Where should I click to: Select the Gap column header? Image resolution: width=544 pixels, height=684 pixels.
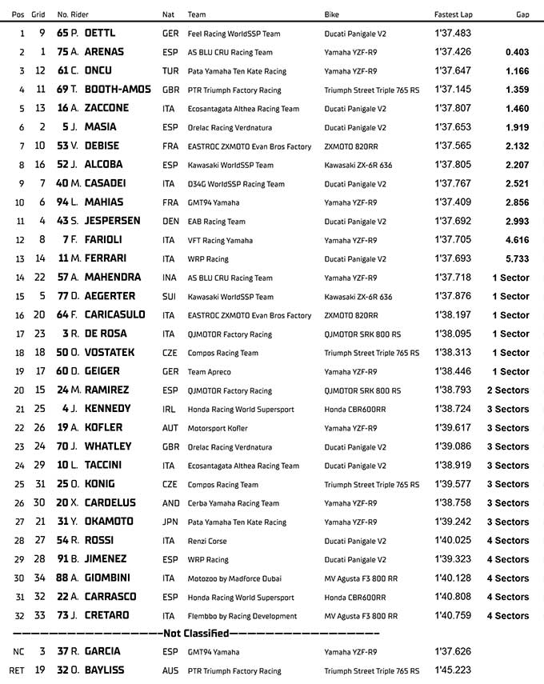(x=522, y=14)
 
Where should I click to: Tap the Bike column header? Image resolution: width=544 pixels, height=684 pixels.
(x=332, y=14)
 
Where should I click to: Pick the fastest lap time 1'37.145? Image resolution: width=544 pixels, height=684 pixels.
(x=453, y=90)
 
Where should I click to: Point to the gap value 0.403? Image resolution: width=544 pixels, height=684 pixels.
(x=517, y=52)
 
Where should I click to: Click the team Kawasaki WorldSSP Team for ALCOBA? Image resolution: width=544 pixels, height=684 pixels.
(x=230, y=165)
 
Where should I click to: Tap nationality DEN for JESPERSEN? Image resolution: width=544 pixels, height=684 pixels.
(x=170, y=221)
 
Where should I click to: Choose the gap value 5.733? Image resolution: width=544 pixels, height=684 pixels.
(x=517, y=258)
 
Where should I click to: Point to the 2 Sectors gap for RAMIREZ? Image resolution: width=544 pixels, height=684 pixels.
(x=507, y=390)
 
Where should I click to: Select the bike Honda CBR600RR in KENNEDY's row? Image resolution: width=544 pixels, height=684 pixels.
(x=354, y=409)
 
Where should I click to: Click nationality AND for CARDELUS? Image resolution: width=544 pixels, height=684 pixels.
(x=170, y=503)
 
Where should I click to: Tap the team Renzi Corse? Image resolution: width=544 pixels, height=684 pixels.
(x=206, y=541)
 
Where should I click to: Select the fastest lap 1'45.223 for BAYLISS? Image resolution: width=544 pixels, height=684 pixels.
(x=453, y=670)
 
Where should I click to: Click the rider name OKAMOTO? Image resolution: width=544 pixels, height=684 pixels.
(x=107, y=522)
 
